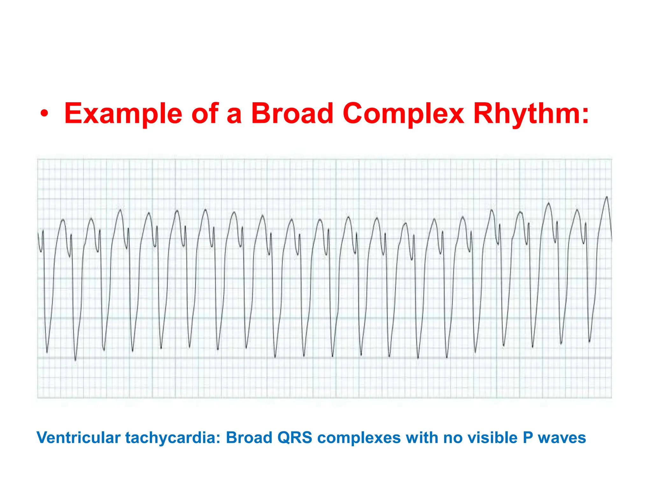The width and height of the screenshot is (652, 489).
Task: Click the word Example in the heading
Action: pyautogui.click(x=123, y=114)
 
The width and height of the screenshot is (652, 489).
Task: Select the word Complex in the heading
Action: pyautogui.click(x=403, y=114)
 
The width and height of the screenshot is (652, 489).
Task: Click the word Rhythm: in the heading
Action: pyautogui.click(x=531, y=114)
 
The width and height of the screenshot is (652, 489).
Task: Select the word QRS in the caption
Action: pyautogui.click(x=294, y=437)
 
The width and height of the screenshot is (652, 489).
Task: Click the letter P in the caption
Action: pyautogui.click(x=528, y=437)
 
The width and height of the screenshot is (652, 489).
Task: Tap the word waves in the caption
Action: pyautogui.click(x=562, y=438)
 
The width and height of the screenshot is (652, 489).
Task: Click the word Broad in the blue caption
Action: pyautogui.click(x=249, y=437)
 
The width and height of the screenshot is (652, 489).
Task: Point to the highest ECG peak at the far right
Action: pyautogui.click(x=607, y=197)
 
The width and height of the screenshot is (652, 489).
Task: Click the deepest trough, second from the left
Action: pyautogui.click(x=75, y=360)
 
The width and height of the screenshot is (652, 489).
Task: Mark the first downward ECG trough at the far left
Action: pyautogui.click(x=47, y=352)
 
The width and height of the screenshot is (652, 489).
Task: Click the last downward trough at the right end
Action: pyautogui.click(x=589, y=342)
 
